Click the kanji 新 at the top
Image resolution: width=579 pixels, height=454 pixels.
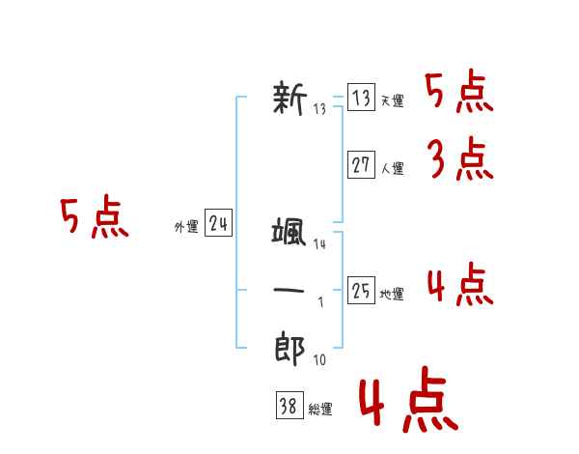click(289, 99)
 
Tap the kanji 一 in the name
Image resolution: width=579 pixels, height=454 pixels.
click(289, 291)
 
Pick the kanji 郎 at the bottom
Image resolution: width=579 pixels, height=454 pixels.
click(289, 349)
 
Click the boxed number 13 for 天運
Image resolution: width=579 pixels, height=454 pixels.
click(361, 99)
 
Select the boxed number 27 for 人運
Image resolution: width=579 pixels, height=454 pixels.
click(361, 165)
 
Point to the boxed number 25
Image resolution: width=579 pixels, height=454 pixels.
click(361, 291)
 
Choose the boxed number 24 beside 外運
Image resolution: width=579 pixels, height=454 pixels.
click(219, 224)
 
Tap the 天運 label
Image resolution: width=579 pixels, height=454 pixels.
click(392, 101)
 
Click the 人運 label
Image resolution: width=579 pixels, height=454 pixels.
click(392, 168)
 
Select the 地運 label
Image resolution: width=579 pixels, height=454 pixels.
click(392, 294)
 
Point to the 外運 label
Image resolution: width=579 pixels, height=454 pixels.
click(186, 227)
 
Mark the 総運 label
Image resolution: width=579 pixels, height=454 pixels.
click(320, 410)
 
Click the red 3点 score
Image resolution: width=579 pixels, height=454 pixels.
click(459, 159)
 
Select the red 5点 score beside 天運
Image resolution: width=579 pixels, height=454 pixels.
click(459, 93)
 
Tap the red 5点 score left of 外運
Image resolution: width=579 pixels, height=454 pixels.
click(94, 218)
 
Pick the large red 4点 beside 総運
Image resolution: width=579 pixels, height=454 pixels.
click(407, 404)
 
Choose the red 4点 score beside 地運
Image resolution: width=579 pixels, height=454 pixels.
click(459, 285)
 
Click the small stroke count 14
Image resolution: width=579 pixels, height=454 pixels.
click(319, 245)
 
